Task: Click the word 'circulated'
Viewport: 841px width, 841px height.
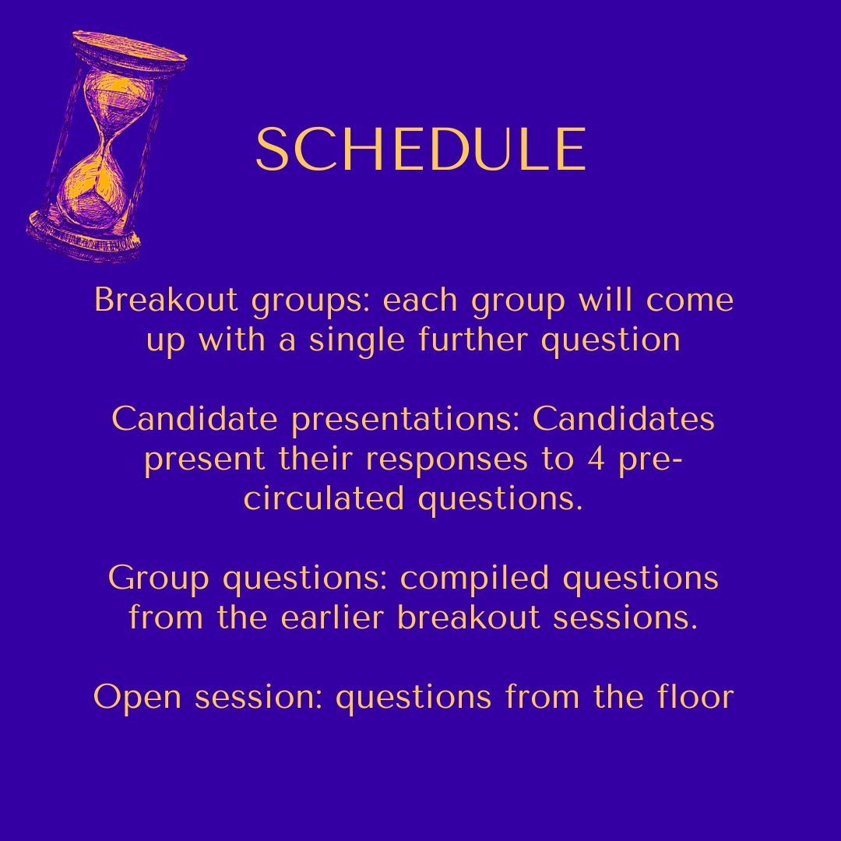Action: click(x=324, y=499)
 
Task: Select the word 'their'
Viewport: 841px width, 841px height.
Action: click(x=316, y=459)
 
